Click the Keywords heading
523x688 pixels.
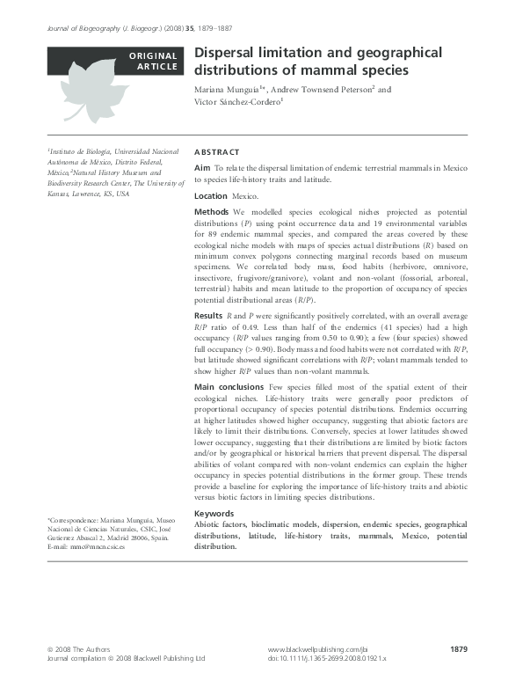pos(214,513)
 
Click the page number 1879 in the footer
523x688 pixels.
pos(457,649)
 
